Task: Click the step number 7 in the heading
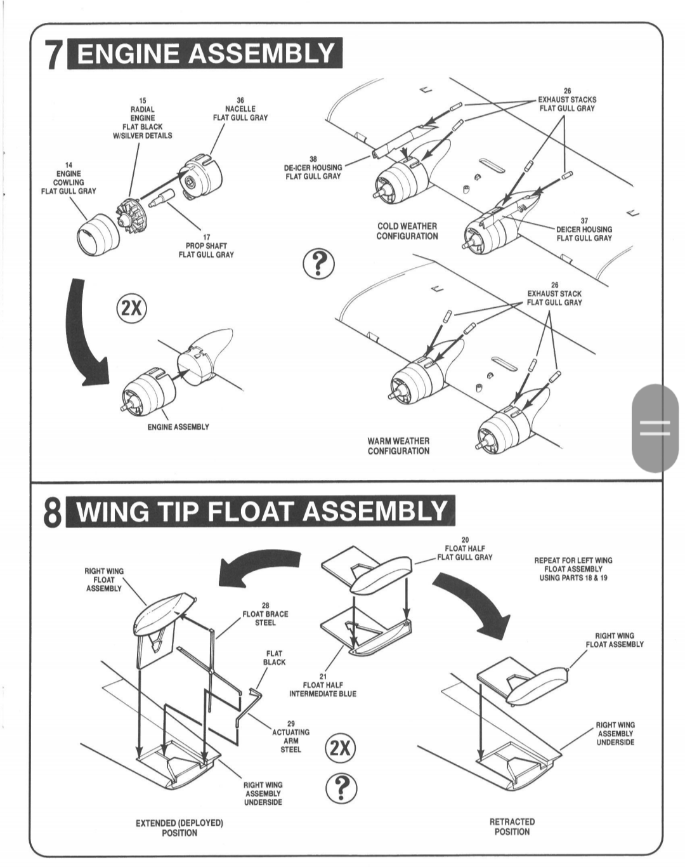[x=53, y=55]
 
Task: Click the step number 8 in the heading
[x=53, y=513]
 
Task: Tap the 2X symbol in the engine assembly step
[x=131, y=308]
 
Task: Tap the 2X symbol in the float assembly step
[x=340, y=748]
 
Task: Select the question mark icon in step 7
[x=318, y=264]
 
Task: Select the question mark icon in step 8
[x=341, y=788]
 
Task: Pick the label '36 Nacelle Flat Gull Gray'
[x=240, y=109]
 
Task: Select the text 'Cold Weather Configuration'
[x=407, y=231]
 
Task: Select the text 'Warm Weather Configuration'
[x=398, y=446]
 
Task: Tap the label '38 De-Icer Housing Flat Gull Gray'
[x=313, y=168]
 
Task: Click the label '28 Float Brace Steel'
[x=265, y=614]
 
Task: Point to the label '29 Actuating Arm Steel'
[x=290, y=736]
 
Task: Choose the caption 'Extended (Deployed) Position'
[x=179, y=828]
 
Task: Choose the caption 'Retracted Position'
[x=512, y=826]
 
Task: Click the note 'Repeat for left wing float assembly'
[x=573, y=569]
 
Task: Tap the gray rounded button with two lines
[x=654, y=429]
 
